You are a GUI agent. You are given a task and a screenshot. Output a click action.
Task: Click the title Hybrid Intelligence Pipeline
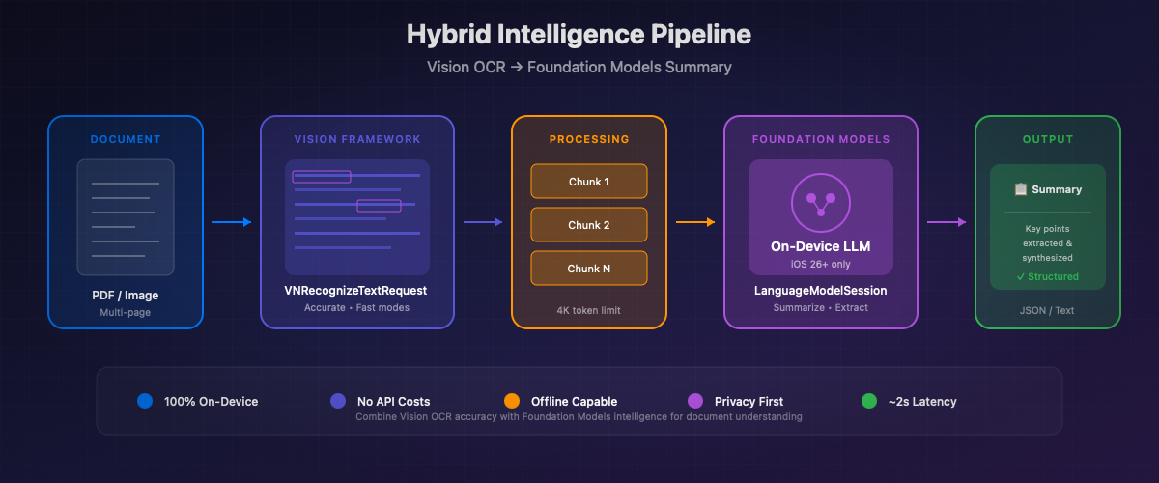click(x=579, y=35)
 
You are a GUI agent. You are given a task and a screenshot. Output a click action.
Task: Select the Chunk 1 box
click(x=588, y=182)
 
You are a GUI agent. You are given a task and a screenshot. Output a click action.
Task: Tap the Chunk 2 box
click(x=588, y=225)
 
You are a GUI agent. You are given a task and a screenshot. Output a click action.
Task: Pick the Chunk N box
click(x=588, y=269)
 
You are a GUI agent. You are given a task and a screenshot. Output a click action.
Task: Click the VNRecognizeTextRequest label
click(x=355, y=290)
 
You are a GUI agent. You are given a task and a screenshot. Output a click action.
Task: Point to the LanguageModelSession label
click(x=820, y=290)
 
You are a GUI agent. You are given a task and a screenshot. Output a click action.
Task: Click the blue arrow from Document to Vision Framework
click(x=232, y=222)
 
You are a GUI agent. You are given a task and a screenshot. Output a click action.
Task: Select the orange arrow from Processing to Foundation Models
click(x=695, y=222)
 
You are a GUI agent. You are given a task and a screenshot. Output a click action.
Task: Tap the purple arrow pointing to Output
click(x=947, y=222)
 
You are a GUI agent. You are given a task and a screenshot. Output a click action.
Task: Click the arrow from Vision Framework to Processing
click(x=483, y=222)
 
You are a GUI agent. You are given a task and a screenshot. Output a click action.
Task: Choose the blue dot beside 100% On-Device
click(x=145, y=401)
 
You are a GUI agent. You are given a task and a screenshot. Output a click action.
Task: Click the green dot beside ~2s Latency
click(x=868, y=401)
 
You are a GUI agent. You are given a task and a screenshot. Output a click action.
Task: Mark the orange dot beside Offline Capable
click(x=512, y=401)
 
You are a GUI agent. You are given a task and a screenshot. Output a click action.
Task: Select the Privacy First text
click(x=749, y=401)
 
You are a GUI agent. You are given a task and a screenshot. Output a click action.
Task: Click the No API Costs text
click(x=393, y=401)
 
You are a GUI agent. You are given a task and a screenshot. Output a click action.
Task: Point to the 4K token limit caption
click(x=588, y=310)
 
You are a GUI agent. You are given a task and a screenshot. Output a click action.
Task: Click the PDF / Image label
click(x=126, y=295)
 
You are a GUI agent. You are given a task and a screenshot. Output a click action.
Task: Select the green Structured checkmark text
click(x=1047, y=276)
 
